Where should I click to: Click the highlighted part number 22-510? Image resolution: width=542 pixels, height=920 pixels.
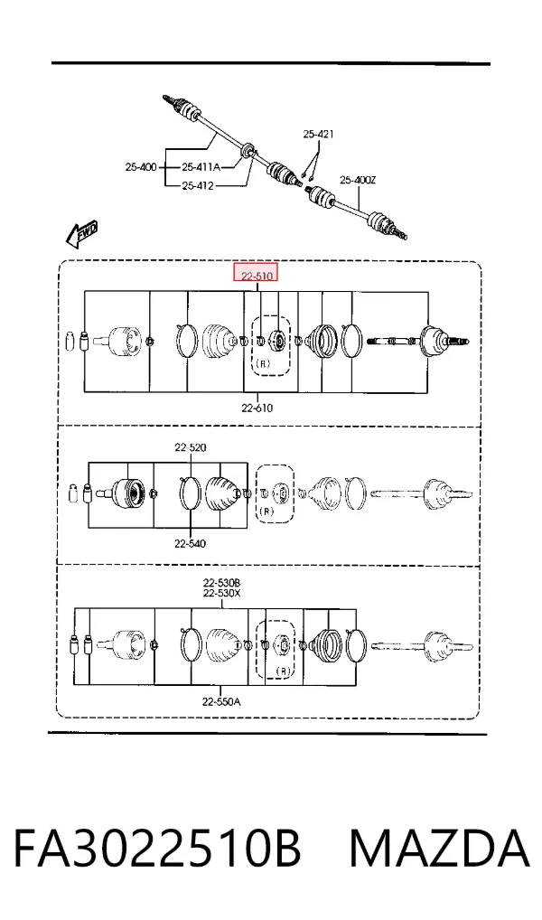point(256,274)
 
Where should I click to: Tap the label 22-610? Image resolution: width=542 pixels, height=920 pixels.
point(257,408)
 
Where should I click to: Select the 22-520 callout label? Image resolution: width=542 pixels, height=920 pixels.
point(190,447)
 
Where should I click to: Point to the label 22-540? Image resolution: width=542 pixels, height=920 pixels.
point(190,544)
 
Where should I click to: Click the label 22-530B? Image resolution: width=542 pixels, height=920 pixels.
point(221,583)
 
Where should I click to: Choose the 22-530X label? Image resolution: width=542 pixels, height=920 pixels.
point(221,593)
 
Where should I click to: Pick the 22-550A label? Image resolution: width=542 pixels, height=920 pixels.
point(221,701)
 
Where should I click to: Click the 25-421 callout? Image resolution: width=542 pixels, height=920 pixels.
point(319,135)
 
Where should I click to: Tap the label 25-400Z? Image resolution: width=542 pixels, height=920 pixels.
point(358,180)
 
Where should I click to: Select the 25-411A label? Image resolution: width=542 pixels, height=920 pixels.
point(201,167)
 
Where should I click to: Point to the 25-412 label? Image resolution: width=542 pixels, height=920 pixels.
point(198,186)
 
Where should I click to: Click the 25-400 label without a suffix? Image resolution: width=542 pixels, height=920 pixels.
point(141,167)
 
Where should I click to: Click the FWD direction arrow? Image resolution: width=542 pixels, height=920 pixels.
point(81,234)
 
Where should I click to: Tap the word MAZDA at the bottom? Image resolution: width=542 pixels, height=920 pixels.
point(440,849)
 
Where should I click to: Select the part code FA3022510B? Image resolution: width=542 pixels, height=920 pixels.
point(157,849)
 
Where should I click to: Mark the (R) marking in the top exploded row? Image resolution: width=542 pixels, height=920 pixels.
point(264,364)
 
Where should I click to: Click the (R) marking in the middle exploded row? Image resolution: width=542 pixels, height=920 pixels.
point(266,511)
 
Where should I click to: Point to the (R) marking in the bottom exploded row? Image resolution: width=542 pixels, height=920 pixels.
point(284,671)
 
